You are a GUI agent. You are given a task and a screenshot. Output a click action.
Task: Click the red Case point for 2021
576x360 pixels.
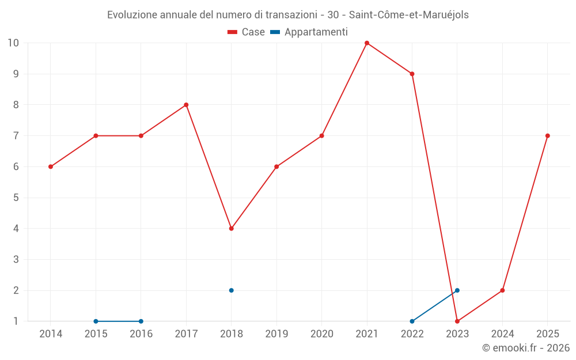click(366, 43)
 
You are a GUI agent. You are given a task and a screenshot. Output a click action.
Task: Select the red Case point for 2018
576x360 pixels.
click(231, 229)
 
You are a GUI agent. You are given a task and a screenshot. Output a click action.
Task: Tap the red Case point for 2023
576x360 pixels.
click(457, 321)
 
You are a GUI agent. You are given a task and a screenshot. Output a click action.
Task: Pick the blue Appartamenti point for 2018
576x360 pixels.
click(231, 290)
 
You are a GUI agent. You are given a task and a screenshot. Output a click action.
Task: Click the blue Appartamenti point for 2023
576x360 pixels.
click(457, 290)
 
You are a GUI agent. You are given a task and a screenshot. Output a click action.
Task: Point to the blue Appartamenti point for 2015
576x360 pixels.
click(96, 321)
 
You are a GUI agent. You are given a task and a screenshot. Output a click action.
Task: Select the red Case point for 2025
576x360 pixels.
click(547, 136)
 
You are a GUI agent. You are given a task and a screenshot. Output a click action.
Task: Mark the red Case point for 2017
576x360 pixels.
click(186, 105)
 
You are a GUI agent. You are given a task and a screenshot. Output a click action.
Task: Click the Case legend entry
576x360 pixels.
click(246, 32)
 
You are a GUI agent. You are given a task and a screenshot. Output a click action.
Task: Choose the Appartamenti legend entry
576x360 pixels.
click(309, 32)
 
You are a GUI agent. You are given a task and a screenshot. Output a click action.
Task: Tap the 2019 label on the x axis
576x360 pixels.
click(276, 334)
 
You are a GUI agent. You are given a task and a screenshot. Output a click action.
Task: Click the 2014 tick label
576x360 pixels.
click(51, 334)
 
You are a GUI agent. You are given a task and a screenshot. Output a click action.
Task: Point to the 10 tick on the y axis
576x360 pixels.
click(13, 43)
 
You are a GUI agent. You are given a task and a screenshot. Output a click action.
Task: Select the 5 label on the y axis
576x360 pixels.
click(16, 198)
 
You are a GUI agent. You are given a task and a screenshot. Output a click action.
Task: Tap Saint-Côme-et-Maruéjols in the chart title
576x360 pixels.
click(409, 15)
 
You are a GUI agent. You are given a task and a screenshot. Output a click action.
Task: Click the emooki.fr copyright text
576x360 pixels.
click(526, 347)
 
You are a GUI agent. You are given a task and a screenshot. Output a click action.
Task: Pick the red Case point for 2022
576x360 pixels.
click(412, 74)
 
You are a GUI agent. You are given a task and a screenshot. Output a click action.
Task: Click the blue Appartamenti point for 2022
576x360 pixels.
click(412, 321)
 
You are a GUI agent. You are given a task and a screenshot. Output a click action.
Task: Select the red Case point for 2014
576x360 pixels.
click(51, 167)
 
